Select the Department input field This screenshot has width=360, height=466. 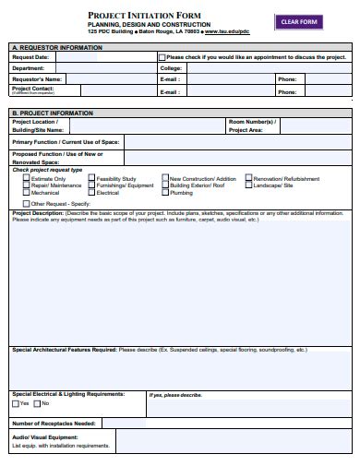102,68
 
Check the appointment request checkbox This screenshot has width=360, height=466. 162,57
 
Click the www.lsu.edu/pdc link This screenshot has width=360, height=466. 227,31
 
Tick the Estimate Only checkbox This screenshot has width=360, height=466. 26,178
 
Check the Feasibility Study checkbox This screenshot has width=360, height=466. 90,178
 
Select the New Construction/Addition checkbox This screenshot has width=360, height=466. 164,178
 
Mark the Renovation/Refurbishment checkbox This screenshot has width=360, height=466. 247,178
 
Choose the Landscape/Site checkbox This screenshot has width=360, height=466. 247,185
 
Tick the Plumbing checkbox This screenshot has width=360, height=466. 164,193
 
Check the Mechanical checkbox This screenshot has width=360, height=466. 26,193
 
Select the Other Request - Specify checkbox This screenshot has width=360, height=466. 26,203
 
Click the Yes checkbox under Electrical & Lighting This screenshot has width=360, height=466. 16,403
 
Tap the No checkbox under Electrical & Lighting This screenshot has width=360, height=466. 37,403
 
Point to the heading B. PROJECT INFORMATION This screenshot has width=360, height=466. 53,113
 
